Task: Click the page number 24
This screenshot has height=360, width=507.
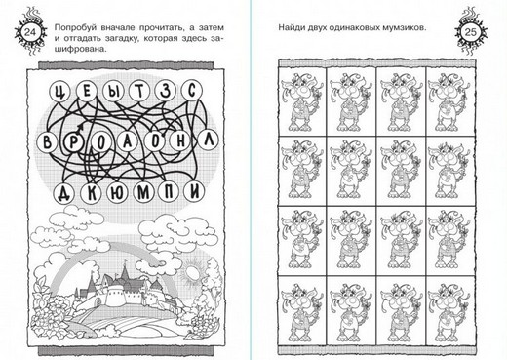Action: [x=30, y=32]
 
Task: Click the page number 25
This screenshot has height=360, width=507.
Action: [x=470, y=32]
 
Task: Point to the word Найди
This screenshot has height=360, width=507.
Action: [x=291, y=27]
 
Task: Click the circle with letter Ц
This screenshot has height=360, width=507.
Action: [x=59, y=92]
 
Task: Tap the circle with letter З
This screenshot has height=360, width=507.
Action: [x=166, y=91]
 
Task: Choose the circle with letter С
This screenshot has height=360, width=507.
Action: [x=192, y=90]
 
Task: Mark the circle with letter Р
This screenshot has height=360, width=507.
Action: [x=73, y=142]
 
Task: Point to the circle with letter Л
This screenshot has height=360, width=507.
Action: [x=209, y=140]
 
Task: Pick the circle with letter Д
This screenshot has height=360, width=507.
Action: [x=63, y=193]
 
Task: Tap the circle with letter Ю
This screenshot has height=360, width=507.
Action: [x=117, y=193]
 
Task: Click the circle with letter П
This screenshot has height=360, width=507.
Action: [x=169, y=192]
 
